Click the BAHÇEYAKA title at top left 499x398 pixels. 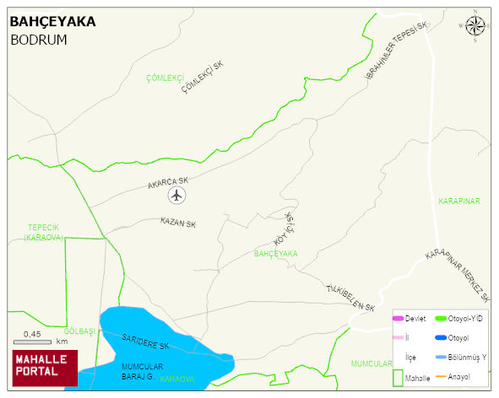pos(52,22)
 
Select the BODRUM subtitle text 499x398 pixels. pos(38,40)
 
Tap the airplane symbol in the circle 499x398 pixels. pos(176,196)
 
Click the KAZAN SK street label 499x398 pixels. pos(177,223)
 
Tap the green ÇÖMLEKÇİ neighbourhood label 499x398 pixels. pos(165,78)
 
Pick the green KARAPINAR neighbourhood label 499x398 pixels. pos(458,201)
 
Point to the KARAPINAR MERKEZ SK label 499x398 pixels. pos(457,275)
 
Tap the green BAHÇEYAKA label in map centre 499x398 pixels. pos(275,253)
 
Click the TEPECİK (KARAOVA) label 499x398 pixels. pos(44,232)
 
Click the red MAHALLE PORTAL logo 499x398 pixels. pos(45,368)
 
